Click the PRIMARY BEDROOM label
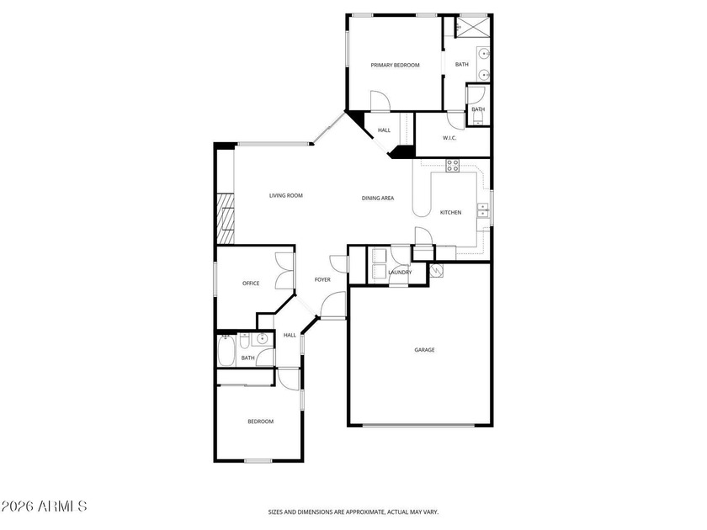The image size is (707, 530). click(x=395, y=65)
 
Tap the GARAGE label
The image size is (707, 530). click(x=424, y=350)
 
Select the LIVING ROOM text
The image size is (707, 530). click(x=286, y=195)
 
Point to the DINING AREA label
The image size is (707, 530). click(x=378, y=198)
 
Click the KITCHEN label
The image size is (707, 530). click(x=450, y=212)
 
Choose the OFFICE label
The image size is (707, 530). click(x=251, y=283)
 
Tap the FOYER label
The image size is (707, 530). click(x=322, y=279)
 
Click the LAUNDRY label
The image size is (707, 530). click(x=400, y=273)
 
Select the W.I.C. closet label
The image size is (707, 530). click(x=449, y=138)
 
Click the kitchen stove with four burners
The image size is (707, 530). click(x=452, y=166)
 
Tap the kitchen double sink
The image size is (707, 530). click(x=483, y=210)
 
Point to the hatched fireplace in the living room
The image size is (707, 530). click(x=226, y=219)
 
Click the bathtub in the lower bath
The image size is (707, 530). click(x=226, y=351)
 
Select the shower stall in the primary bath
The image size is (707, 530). click(x=472, y=27)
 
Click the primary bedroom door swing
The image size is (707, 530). click(x=380, y=101)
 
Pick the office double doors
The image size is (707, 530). click(x=284, y=270)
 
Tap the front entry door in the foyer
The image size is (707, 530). click(x=332, y=305)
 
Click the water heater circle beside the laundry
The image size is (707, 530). click(x=436, y=270)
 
